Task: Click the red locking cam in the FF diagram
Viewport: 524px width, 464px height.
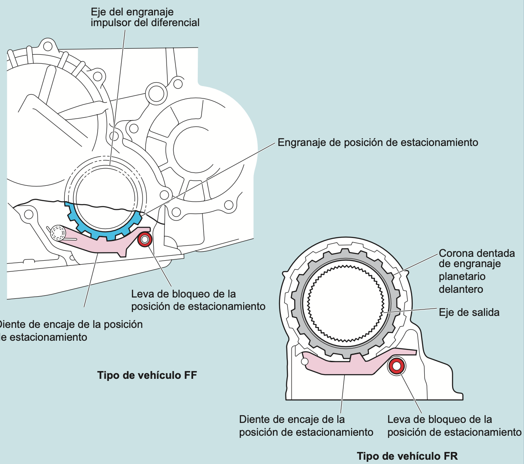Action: tap(144, 240)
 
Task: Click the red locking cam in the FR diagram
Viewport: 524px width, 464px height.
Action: tap(396, 366)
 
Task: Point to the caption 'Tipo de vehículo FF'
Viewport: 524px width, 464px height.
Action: tap(147, 375)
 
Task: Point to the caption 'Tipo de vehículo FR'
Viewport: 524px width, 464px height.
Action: tap(407, 456)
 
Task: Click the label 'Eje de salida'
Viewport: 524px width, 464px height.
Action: tap(469, 312)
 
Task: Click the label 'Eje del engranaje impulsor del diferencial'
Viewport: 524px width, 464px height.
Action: tap(145, 17)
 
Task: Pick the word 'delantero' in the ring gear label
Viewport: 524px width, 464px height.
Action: tap(461, 289)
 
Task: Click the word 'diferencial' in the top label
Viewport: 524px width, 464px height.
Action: tap(176, 22)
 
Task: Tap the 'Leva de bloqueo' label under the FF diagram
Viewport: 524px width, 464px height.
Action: tap(198, 300)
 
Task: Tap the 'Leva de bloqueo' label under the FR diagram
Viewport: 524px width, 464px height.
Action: tap(454, 425)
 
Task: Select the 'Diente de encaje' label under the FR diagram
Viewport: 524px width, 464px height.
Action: tap(306, 425)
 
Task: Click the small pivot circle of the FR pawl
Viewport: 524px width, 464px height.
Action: tap(305, 362)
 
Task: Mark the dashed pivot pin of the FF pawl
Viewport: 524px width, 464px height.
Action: tap(57, 233)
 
